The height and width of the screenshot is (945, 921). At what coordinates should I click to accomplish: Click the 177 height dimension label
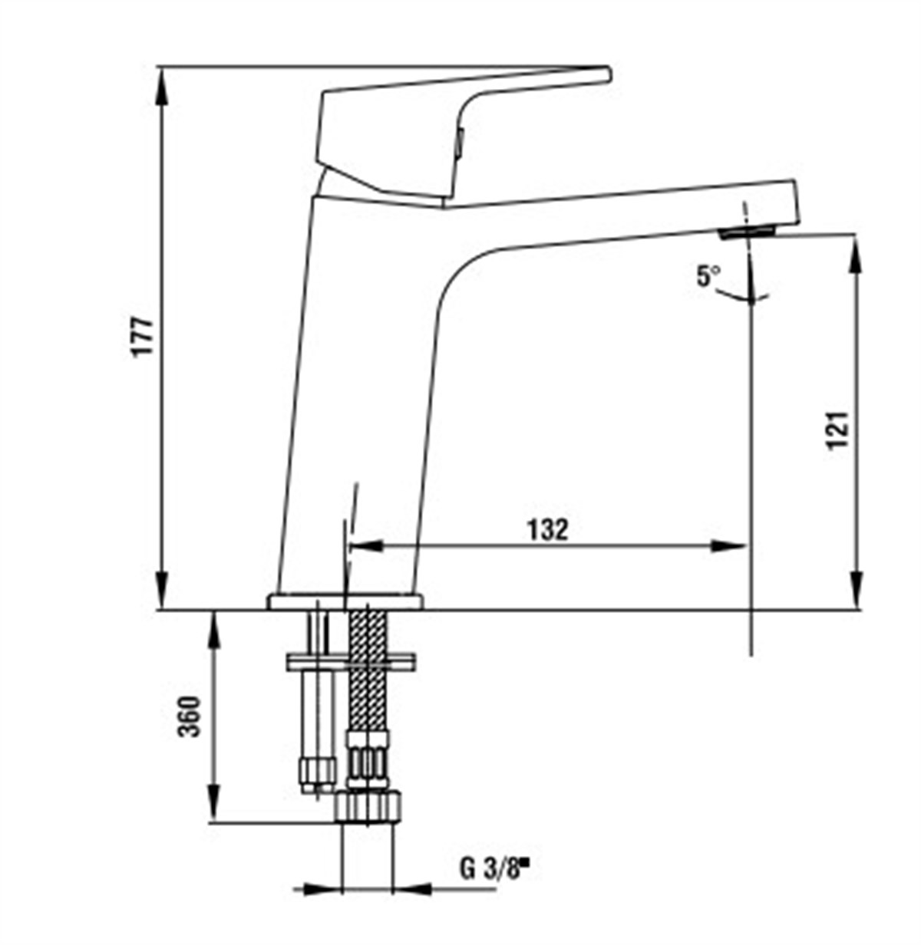[x=144, y=337]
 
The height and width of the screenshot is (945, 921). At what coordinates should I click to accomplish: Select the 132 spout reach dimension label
[x=547, y=529]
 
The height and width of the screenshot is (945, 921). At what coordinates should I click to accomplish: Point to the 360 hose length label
[x=190, y=716]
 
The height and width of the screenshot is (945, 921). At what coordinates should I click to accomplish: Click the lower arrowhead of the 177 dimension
[x=162, y=592]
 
